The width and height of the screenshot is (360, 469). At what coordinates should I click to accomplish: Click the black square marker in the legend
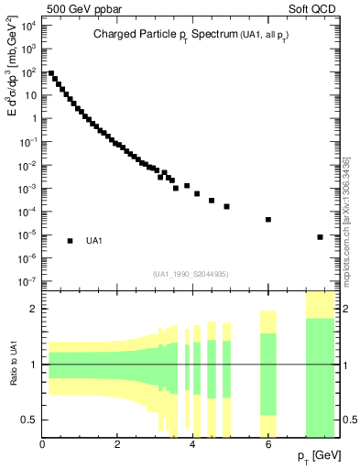tap(71, 241)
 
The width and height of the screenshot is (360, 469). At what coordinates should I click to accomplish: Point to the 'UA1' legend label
tap(93, 241)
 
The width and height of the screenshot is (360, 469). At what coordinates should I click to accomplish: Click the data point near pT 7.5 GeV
tap(320, 237)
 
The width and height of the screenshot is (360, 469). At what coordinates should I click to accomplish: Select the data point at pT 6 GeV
tap(268, 220)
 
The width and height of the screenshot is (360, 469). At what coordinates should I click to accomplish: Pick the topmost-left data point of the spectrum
tap(51, 73)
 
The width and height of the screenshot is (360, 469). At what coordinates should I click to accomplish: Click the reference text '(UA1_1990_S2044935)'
tap(191, 274)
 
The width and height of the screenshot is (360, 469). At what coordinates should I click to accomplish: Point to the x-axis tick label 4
tap(193, 446)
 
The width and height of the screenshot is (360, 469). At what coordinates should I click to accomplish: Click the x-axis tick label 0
tap(43, 446)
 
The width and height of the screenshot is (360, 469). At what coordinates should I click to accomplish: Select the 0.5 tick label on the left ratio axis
tap(31, 420)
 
